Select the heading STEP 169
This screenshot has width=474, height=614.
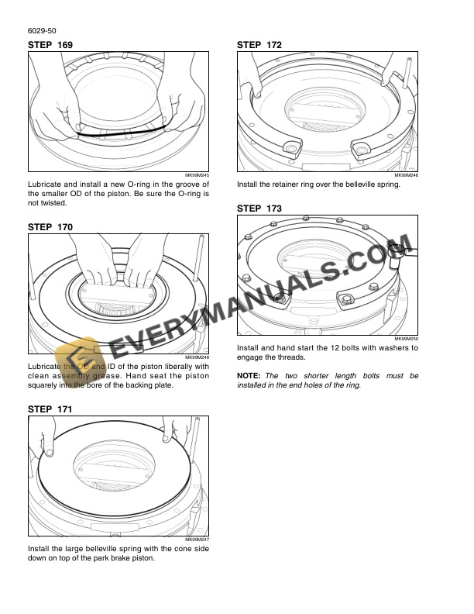tap(50, 47)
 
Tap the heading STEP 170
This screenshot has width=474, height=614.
tap(50, 227)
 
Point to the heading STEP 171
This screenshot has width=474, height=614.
tap(50, 409)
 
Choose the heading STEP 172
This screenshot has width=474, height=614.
tap(259, 47)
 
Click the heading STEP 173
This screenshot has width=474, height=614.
tap(259, 209)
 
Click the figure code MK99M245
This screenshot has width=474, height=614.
tap(197, 176)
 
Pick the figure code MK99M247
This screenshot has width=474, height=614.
tap(197, 539)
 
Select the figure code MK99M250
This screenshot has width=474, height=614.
tap(406, 340)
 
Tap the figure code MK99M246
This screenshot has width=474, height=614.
tap(406, 176)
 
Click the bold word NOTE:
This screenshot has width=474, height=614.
tap(249, 375)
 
